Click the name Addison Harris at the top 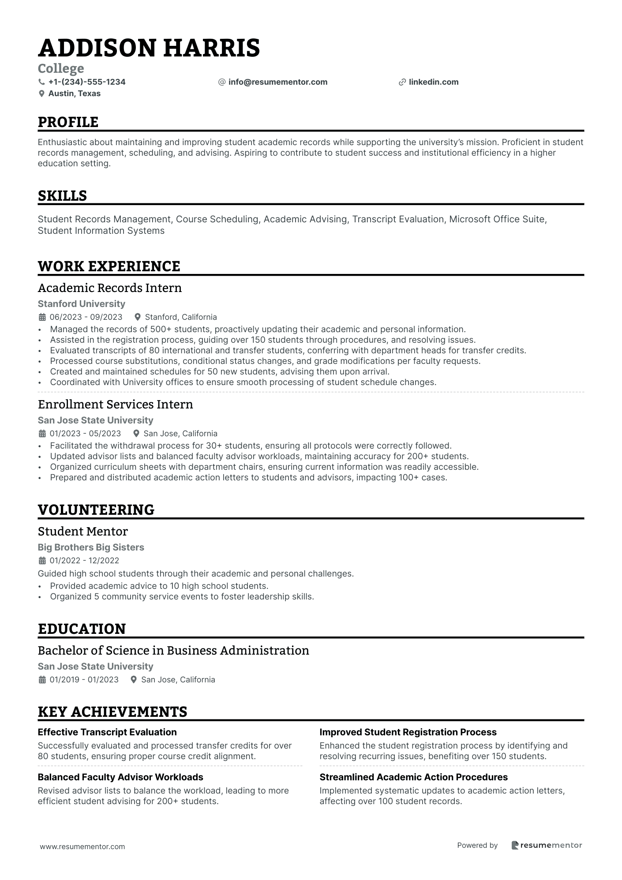click(149, 48)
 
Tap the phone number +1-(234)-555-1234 click(86, 82)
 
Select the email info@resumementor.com click(277, 82)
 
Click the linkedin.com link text click(433, 82)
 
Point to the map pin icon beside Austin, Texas click(42, 94)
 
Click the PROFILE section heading click(68, 122)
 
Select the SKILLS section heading click(62, 196)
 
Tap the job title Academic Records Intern click(109, 288)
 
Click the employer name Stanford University click(81, 304)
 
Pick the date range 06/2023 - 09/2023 click(86, 317)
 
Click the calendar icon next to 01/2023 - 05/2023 click(42, 434)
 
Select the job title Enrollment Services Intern click(115, 404)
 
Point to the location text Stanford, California click(180, 317)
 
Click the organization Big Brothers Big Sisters click(91, 547)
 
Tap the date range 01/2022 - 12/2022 click(84, 561)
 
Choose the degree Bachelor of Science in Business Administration click(173, 651)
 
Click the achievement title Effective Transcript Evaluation click(107, 732)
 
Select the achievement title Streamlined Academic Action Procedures click(413, 777)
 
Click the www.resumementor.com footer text click(82, 846)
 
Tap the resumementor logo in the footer click(547, 845)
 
